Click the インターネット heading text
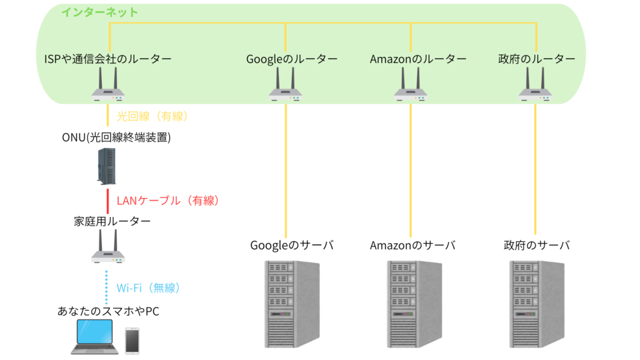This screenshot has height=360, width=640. pyautogui.click(x=99, y=12)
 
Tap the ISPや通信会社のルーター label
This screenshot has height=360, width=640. pyautogui.click(x=108, y=59)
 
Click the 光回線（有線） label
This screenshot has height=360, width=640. pyautogui.click(x=152, y=116)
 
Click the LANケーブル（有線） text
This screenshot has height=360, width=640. pyautogui.click(x=167, y=201)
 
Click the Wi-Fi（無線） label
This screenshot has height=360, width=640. pyautogui.click(x=148, y=287)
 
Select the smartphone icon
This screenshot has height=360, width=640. pyautogui.click(x=132, y=339)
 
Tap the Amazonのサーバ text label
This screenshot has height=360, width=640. pyautogui.click(x=412, y=246)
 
